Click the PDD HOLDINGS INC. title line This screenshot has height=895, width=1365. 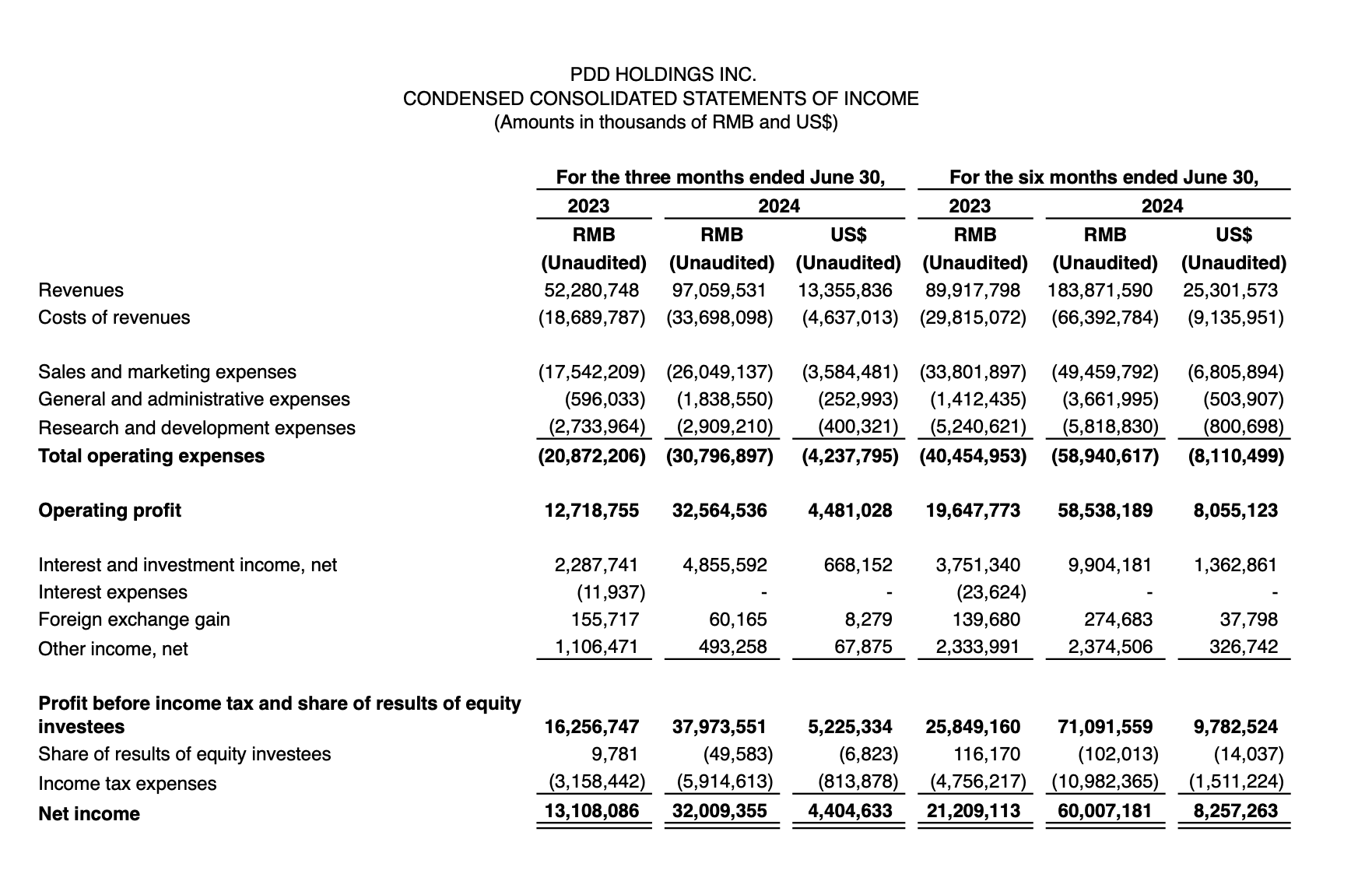click(x=662, y=75)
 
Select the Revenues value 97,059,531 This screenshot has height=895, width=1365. click(x=719, y=290)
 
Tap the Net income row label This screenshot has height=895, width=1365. click(x=89, y=814)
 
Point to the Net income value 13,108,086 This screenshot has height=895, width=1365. click(x=591, y=811)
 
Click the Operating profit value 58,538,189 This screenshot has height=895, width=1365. click(x=1105, y=511)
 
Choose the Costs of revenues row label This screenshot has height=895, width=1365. click(x=114, y=318)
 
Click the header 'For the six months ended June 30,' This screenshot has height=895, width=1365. click(x=1104, y=177)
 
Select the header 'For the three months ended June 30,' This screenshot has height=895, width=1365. click(x=720, y=177)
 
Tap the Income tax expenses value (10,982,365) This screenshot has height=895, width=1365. click(x=1105, y=781)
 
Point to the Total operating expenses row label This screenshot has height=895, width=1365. click(x=151, y=456)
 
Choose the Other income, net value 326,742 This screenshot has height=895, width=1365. click(x=1243, y=647)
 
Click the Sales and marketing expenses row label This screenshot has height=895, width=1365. click(x=167, y=372)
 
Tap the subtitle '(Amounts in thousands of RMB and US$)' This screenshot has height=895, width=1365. click(x=665, y=123)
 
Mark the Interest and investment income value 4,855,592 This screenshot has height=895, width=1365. click(x=724, y=565)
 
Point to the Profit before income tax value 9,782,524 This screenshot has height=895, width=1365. click(x=1235, y=727)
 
